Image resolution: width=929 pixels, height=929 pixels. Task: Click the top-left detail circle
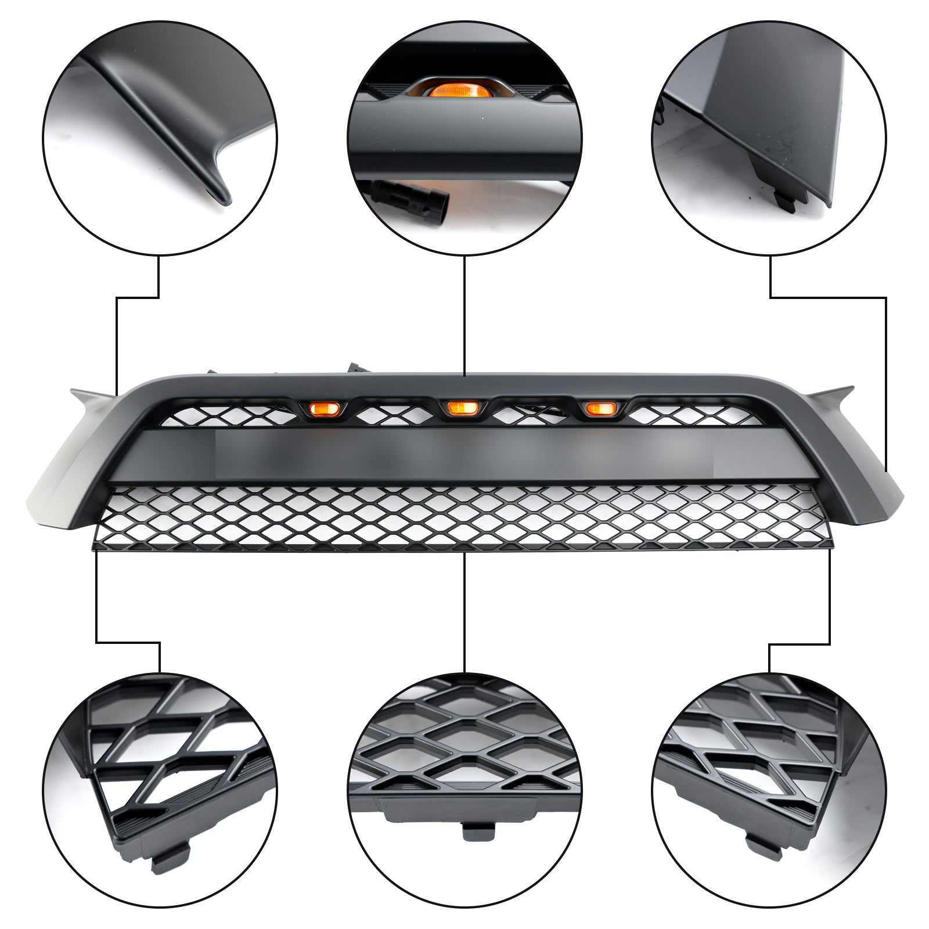click(x=160, y=138)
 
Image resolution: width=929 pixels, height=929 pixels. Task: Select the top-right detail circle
click(x=769, y=138)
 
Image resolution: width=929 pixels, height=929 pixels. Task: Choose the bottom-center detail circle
click(x=464, y=790)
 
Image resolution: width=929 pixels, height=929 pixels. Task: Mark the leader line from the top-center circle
click(x=464, y=314)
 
